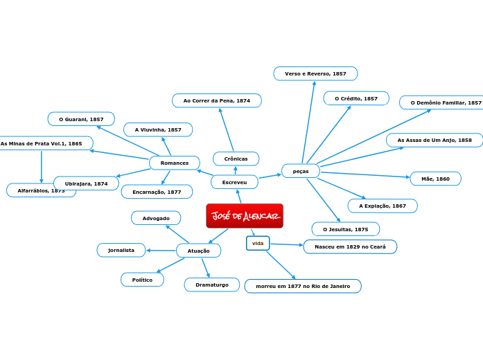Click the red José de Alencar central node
[x=245, y=216]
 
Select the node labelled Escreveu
[x=234, y=182]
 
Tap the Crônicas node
[x=236, y=159]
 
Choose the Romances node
[x=175, y=163]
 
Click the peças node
[x=301, y=171]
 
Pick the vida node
[x=258, y=243]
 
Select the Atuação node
[x=198, y=251]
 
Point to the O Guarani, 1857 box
[x=81, y=119]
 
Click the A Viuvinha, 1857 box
[x=158, y=129]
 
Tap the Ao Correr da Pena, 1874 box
[x=217, y=100]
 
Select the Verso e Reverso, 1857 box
[x=315, y=73]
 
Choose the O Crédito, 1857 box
[x=356, y=98]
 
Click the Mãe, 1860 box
[x=435, y=179]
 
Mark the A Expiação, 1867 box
[x=383, y=206]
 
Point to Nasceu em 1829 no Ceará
[x=350, y=246]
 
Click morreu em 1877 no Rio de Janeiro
[x=303, y=286]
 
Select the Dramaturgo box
[x=212, y=285]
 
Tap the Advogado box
[x=156, y=218]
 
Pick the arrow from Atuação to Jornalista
[x=161, y=250]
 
